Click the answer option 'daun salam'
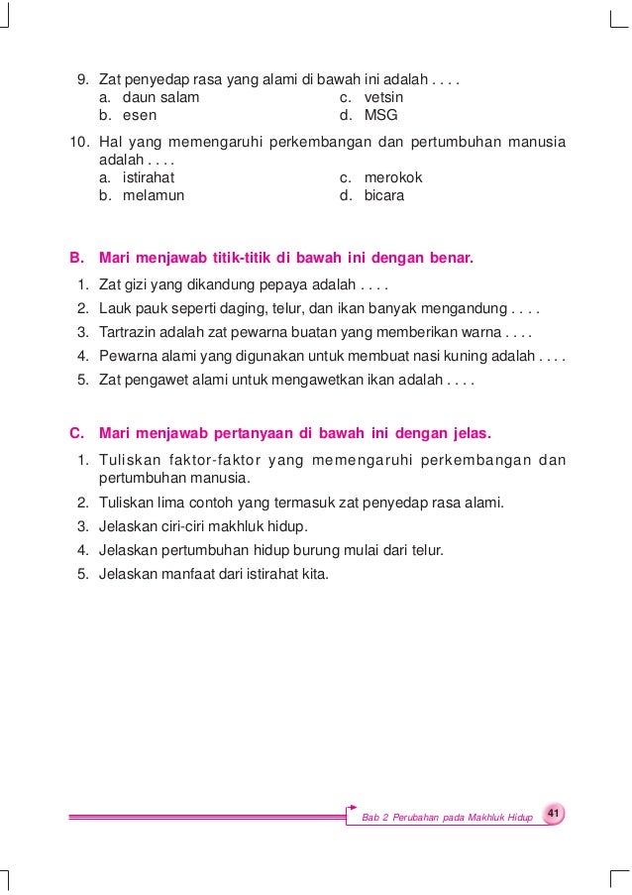tap(160, 98)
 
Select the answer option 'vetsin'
tap(383, 98)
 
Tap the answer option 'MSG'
tap(380, 115)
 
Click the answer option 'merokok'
tap(393, 177)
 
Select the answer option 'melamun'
tap(154, 195)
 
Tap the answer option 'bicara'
tap(384, 195)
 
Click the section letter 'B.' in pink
tap(76, 259)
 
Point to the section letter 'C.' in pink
tap(76, 433)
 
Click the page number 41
tap(554, 814)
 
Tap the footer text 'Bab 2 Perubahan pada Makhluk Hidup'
tap(448, 818)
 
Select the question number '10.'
tap(79, 143)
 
